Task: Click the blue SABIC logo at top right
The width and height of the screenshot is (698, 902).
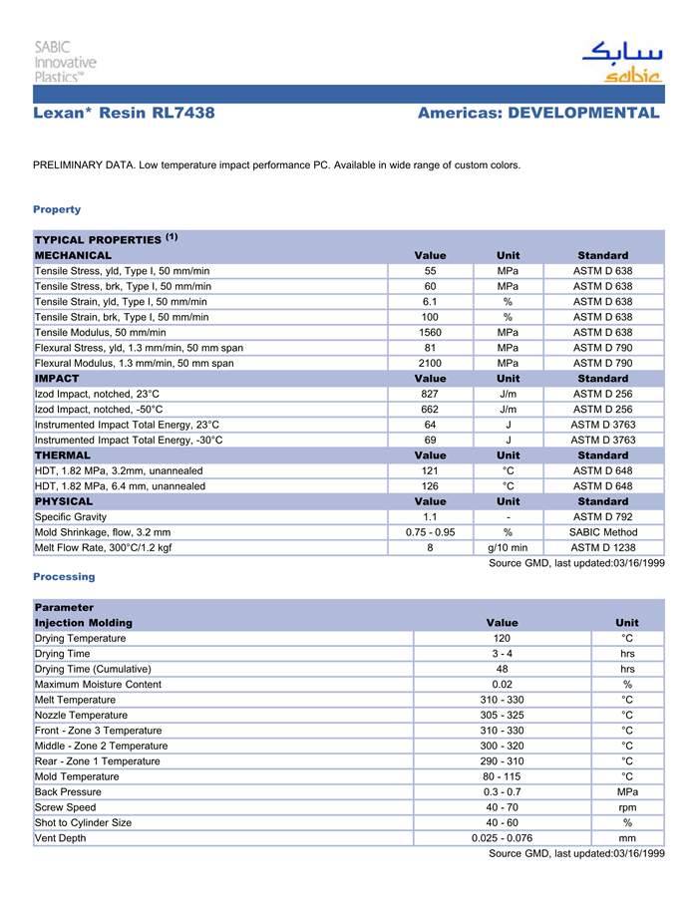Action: [x=622, y=62]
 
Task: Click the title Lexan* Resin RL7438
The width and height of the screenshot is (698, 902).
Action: [x=124, y=114]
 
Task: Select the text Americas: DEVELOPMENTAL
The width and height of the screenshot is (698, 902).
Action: [x=538, y=114]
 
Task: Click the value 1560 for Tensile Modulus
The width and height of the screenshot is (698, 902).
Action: [x=430, y=332]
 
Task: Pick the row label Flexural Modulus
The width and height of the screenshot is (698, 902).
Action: [x=135, y=363]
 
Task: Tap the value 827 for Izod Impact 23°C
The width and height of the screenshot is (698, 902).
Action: [x=430, y=394]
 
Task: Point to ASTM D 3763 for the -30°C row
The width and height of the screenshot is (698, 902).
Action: [x=602, y=440]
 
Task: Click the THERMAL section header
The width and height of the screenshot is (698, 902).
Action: [x=63, y=455]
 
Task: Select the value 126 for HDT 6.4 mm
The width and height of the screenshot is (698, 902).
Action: [x=430, y=486]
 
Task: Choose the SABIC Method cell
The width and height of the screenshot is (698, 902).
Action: [x=602, y=532]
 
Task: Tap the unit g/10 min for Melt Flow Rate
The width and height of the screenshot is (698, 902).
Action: [x=508, y=547]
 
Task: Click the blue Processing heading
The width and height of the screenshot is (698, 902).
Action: [x=64, y=577]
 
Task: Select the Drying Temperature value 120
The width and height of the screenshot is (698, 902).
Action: [x=502, y=638]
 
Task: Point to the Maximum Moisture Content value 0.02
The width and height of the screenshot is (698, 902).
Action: [x=502, y=685]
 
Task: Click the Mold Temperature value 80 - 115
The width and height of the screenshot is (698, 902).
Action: [x=502, y=776]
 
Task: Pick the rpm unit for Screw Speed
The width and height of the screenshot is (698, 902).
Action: [x=627, y=807]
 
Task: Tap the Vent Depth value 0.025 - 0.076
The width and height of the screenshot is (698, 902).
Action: [x=502, y=838]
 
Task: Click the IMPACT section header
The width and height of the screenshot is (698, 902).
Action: [x=57, y=379]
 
